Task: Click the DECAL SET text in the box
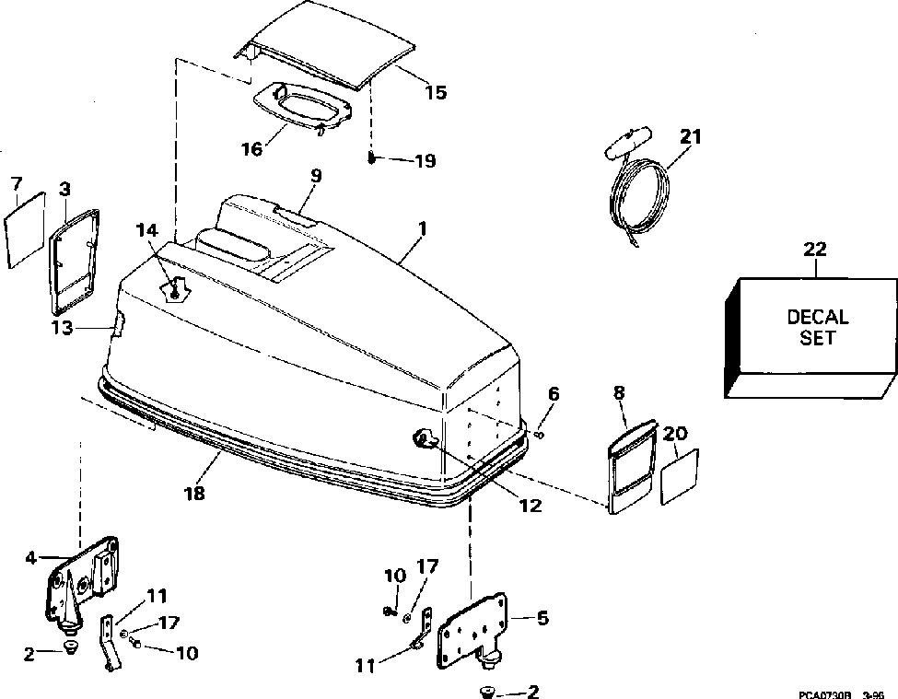tap(817, 327)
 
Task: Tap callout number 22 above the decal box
tap(815, 249)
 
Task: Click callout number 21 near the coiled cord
tap(691, 137)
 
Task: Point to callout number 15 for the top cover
tap(436, 92)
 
